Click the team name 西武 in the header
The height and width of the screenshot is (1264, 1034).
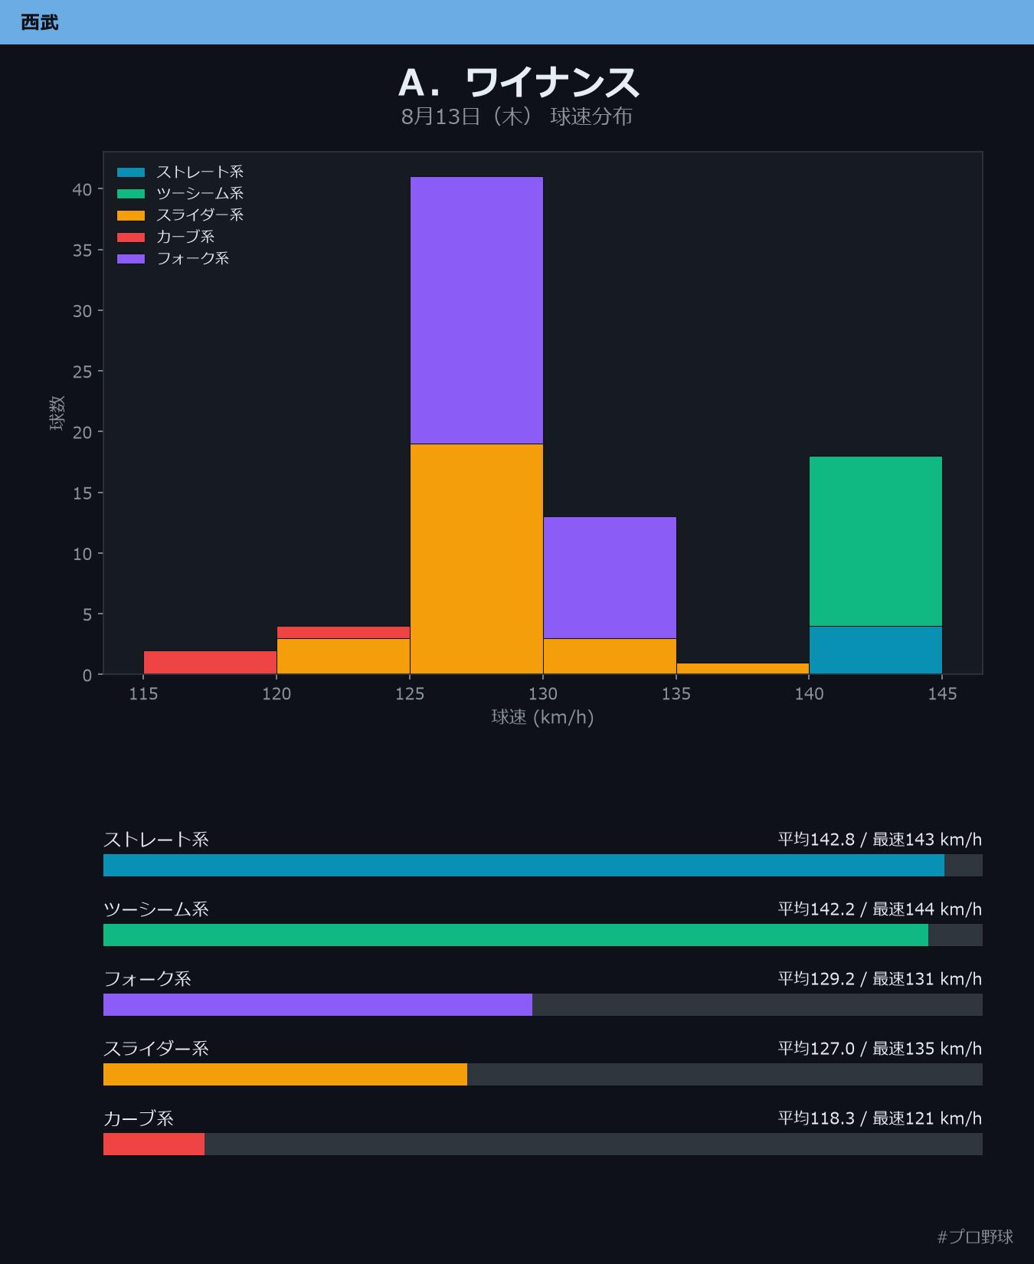(x=40, y=22)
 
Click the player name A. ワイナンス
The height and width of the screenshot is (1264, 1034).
(x=519, y=82)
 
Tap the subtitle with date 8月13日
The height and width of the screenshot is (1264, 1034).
(x=517, y=116)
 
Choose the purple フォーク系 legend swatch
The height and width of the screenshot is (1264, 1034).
(x=131, y=259)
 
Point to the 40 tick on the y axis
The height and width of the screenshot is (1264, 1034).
(x=82, y=189)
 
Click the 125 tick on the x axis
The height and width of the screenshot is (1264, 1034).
(x=410, y=694)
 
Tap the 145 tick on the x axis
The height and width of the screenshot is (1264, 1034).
(x=942, y=694)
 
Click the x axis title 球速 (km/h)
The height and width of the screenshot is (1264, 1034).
(x=543, y=717)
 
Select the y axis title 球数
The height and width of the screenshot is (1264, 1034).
(x=57, y=413)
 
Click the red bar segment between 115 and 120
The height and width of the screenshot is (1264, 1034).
(x=210, y=663)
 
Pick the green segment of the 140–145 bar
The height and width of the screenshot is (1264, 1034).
(x=875, y=542)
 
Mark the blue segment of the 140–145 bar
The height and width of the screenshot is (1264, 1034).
(x=875, y=650)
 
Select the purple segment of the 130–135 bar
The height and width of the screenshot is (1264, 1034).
(x=610, y=578)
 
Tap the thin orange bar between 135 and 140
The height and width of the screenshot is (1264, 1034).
(x=743, y=669)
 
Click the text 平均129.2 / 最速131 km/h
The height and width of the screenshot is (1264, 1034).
(x=880, y=979)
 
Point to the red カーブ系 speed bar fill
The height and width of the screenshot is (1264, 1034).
(x=154, y=1144)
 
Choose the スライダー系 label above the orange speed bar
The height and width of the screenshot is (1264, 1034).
(x=156, y=1049)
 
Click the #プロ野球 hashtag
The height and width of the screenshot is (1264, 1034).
(x=975, y=1236)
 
